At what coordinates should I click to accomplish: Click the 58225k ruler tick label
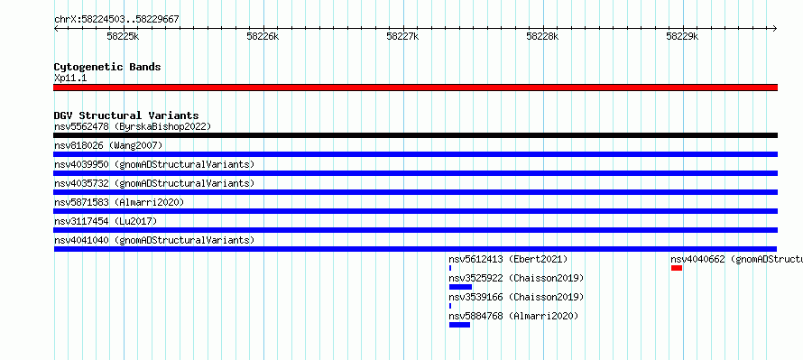point(123,36)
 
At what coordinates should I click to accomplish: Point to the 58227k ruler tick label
point(402,36)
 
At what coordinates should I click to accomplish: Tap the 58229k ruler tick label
point(682,36)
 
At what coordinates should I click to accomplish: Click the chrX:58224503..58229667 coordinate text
point(116,20)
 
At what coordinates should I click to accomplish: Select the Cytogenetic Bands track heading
point(107,67)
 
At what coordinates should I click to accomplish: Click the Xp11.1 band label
point(70,78)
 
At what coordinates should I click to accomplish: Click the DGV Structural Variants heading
point(126,115)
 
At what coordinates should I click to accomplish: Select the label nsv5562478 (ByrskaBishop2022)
point(133,126)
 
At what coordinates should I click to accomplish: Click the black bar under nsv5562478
point(415,135)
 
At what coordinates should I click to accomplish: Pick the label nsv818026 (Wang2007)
point(108,145)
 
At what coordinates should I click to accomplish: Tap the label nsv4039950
point(81,164)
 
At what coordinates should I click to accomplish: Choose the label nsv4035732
point(81,183)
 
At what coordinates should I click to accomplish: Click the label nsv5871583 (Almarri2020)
point(119,202)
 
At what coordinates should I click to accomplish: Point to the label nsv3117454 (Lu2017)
point(106,221)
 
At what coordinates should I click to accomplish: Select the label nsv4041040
point(81,240)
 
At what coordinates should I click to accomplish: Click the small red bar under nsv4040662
point(677,268)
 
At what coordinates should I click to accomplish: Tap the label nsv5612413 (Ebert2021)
point(509,259)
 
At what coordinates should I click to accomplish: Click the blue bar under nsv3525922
point(460,287)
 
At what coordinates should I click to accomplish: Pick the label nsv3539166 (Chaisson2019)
point(516,297)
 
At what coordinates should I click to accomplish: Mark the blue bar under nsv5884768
point(459,325)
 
